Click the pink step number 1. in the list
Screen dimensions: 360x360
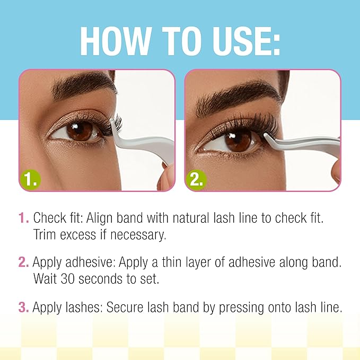click(x=23, y=218)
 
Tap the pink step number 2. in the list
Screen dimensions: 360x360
click(x=23, y=262)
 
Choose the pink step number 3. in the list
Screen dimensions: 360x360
click(x=23, y=307)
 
